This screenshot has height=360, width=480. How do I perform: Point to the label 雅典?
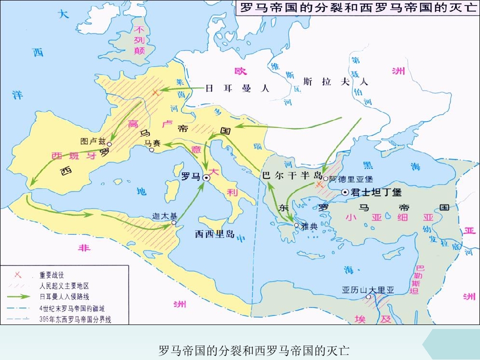point(310,226)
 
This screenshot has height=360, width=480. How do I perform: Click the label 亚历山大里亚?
point(368,289)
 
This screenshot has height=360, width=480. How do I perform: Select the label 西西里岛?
point(214,233)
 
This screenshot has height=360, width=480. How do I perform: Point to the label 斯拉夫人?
point(335,81)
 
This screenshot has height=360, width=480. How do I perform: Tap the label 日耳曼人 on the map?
point(237,88)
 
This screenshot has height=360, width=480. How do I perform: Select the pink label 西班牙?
point(73,155)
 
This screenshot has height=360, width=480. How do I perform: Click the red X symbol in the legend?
point(17,275)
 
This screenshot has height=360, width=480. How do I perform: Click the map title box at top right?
point(356,9)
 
